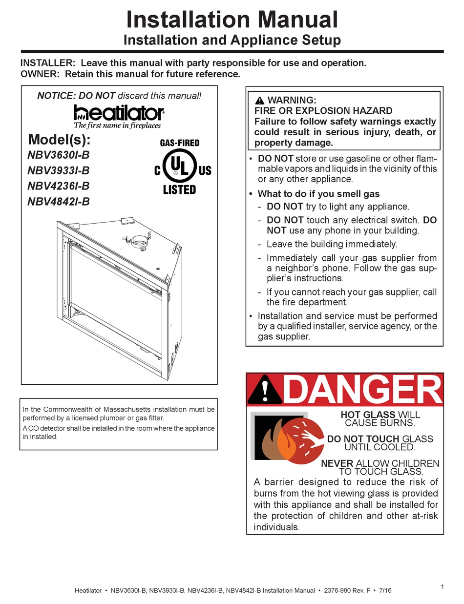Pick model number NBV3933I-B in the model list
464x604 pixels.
59,171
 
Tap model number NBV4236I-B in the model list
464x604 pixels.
59,186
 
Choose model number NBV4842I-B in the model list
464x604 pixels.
59,201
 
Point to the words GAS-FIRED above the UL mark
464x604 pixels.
180,143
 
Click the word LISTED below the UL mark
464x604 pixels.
179,189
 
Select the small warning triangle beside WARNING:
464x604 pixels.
259,101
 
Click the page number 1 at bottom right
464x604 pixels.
442,587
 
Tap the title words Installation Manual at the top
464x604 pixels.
232,20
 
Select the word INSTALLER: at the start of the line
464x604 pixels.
48,63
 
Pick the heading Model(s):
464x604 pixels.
60,139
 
